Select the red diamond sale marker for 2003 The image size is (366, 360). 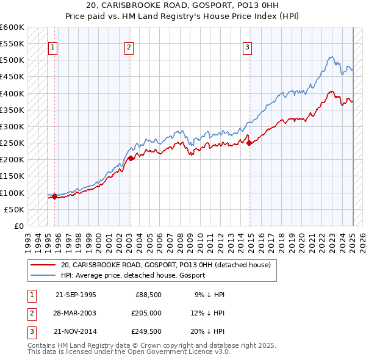click(x=131, y=158)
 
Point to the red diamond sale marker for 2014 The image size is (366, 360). click(x=249, y=143)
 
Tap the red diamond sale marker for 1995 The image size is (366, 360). click(x=54, y=196)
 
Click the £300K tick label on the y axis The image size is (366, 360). click(x=12, y=126)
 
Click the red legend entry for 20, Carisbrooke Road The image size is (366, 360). click(x=169, y=265)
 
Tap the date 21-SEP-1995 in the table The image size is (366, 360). click(x=76, y=295)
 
